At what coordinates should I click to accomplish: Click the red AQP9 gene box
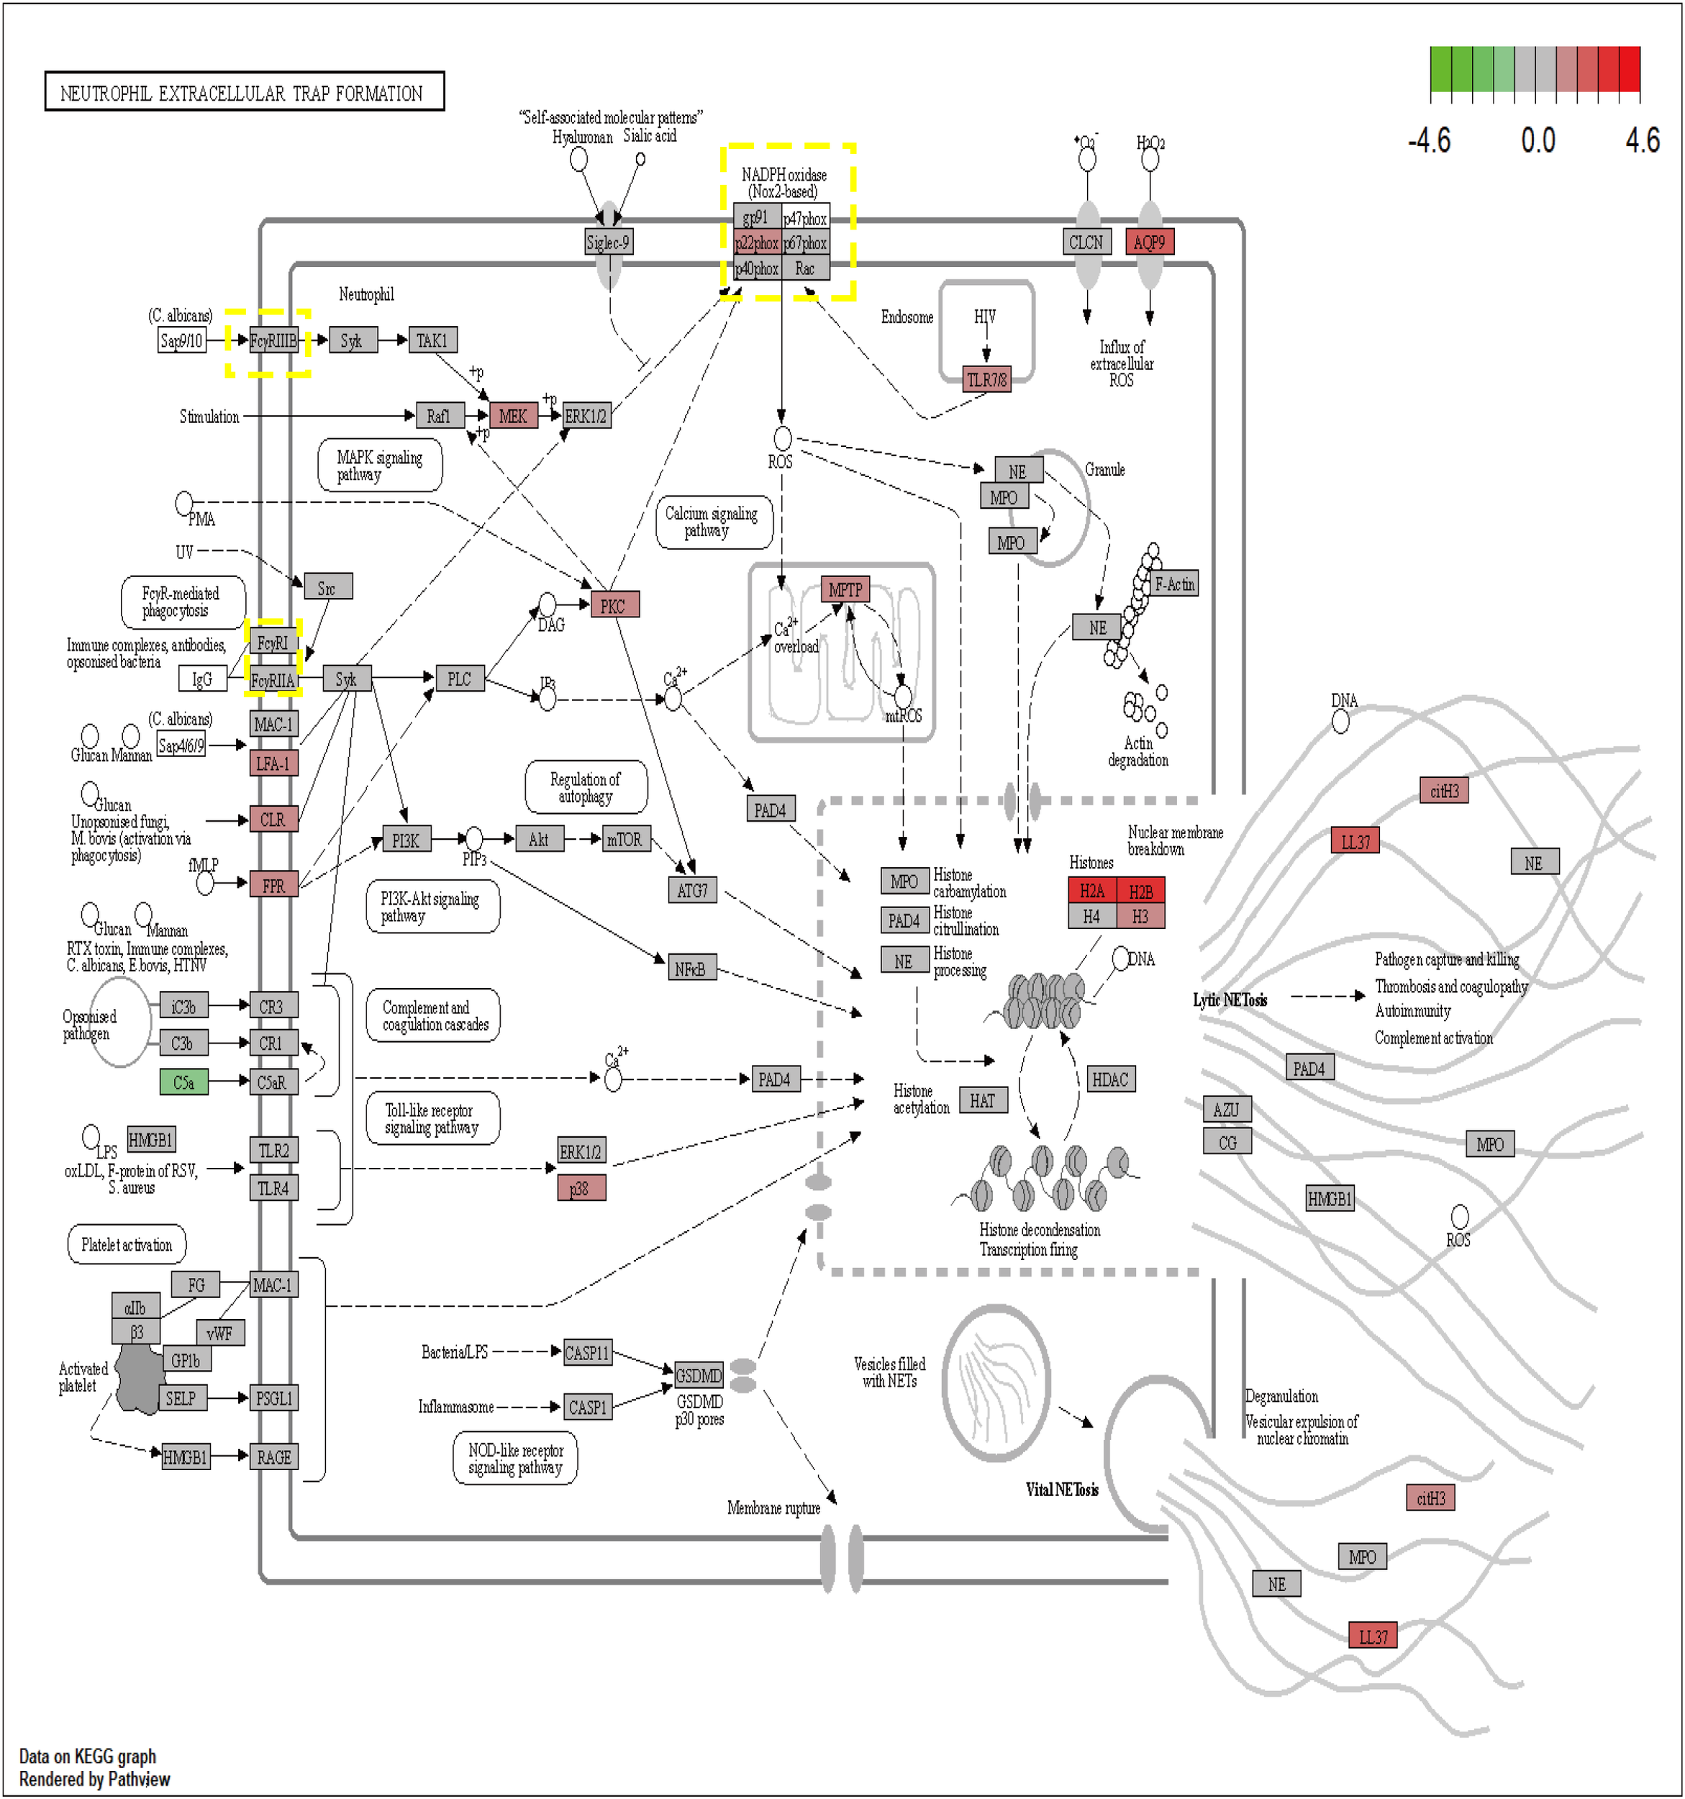(1148, 242)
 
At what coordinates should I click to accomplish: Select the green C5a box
(183, 1082)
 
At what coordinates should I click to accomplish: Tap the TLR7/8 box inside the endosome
(986, 379)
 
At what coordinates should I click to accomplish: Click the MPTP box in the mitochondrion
(845, 589)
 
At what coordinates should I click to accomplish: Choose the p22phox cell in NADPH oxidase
(757, 243)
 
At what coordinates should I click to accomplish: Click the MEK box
(512, 415)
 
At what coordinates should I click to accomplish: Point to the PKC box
(614, 605)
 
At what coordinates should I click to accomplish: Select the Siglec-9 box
(607, 242)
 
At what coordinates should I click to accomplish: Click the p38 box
(580, 1188)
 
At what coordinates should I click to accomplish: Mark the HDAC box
(1109, 1079)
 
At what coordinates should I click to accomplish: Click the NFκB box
(691, 969)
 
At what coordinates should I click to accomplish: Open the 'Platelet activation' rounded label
(127, 1244)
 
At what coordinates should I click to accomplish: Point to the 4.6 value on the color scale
(1642, 140)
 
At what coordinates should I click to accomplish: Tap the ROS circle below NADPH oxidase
(782, 439)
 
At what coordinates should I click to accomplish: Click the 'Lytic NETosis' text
(1229, 1000)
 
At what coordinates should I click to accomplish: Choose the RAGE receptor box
(273, 1457)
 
